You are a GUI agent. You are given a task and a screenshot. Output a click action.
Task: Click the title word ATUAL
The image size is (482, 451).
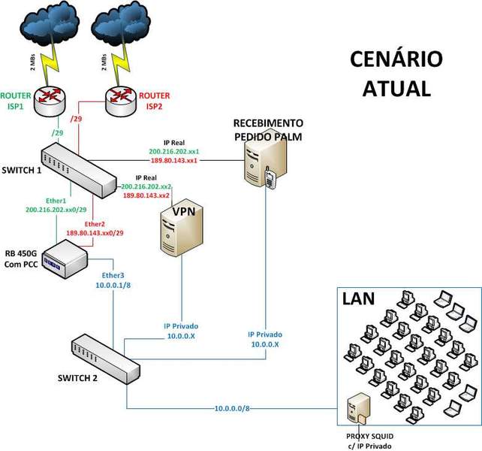(x=397, y=88)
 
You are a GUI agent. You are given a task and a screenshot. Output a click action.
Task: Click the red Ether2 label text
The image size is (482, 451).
(x=95, y=223)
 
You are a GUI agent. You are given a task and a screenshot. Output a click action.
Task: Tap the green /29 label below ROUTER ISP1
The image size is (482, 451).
(x=56, y=133)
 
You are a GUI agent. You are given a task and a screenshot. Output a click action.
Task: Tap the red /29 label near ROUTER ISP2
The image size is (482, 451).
(x=75, y=119)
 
